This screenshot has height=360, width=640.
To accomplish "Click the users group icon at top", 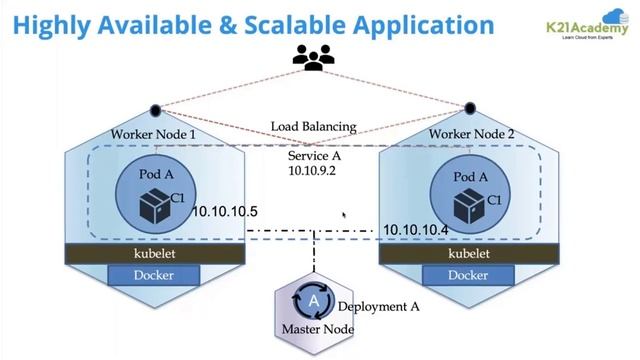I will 314,58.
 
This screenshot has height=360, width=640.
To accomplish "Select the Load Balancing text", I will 314,127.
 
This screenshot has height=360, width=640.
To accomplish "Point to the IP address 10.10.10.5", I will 225,212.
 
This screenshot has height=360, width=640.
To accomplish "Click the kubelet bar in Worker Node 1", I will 155,254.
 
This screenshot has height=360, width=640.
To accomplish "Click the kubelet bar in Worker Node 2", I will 469,254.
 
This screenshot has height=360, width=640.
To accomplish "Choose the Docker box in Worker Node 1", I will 155,275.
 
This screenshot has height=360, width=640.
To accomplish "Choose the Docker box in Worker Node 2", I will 469,275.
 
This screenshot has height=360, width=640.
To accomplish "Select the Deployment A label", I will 377,306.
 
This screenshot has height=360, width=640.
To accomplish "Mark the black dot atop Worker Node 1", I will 155,110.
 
